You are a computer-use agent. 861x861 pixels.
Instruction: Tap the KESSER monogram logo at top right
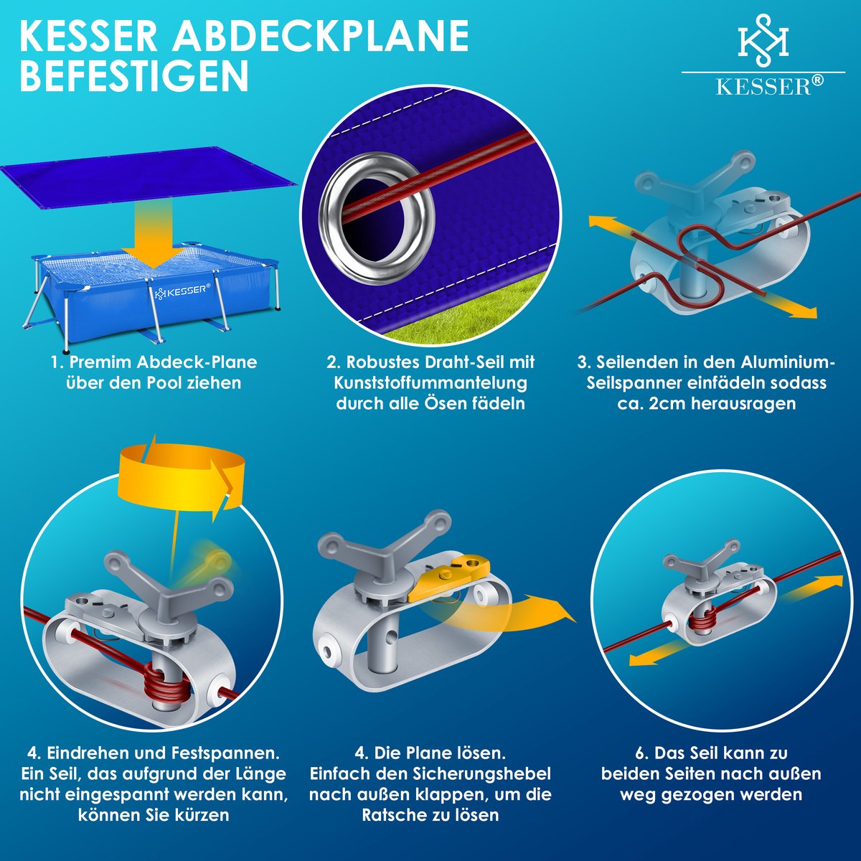(763, 41)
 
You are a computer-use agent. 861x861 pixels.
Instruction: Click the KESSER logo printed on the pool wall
(183, 291)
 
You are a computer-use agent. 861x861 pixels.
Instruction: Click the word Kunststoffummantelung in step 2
(431, 382)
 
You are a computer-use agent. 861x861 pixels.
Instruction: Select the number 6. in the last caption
(642, 753)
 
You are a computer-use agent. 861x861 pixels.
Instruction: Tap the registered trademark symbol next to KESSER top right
(817, 80)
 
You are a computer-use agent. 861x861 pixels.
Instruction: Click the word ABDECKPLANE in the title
(321, 36)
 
